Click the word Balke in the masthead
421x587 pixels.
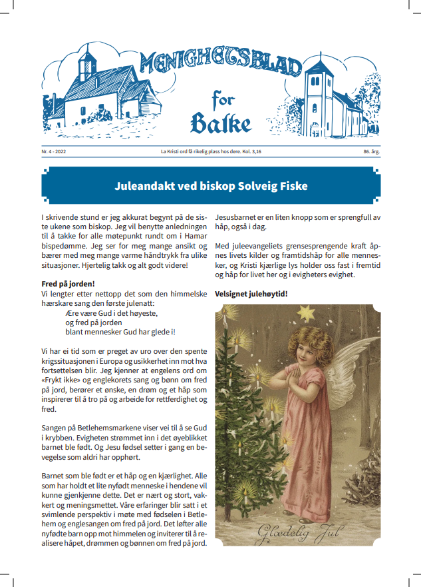pyautogui.click(x=221, y=124)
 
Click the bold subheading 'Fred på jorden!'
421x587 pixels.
pyautogui.click(x=68, y=283)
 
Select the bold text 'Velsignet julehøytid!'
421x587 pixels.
pyautogui.click(x=251, y=293)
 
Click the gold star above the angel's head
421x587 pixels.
pyautogui.click(x=307, y=311)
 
